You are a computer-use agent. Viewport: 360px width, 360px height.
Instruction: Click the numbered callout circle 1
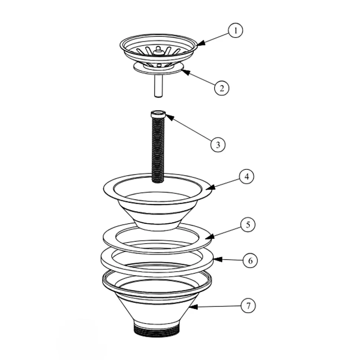(235, 30)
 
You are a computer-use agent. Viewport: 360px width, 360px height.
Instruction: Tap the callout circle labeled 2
(222, 88)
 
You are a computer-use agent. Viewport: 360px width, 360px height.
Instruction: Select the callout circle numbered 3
(218, 145)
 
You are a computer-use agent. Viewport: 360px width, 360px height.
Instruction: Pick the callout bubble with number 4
(246, 176)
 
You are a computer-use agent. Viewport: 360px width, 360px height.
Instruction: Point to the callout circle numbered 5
(248, 225)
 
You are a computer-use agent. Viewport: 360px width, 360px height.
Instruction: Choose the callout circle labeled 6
(251, 261)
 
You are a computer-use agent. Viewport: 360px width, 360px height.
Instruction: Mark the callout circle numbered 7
(248, 305)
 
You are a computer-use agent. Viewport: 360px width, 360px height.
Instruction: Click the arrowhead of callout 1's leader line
(201, 43)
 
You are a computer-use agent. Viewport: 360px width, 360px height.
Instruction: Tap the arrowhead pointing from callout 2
(185, 72)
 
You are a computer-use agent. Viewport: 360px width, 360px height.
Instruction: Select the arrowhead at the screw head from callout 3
(170, 117)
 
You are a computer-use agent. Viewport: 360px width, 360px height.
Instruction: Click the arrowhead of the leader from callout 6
(218, 260)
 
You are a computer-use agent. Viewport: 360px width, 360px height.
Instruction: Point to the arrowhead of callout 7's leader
(193, 307)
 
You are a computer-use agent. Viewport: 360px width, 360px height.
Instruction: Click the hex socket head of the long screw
(158, 114)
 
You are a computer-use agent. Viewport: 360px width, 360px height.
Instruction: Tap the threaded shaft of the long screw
(158, 150)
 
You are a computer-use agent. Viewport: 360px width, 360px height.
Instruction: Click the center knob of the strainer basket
(158, 51)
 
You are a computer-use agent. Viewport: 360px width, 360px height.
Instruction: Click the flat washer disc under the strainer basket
(158, 69)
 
